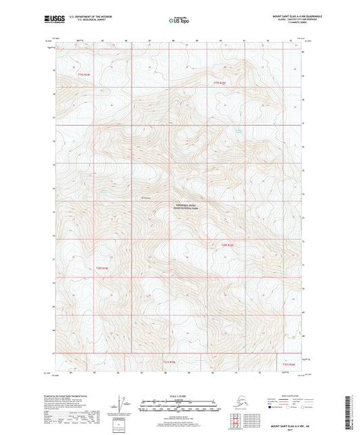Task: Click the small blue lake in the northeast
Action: coord(238,130)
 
